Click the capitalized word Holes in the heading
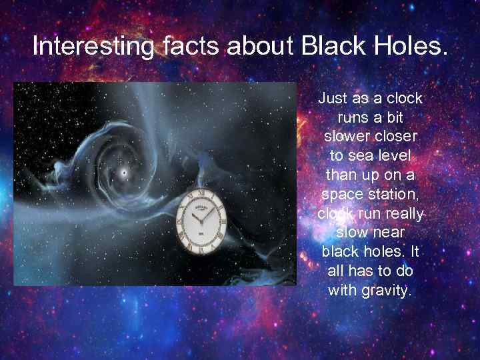click(408, 47)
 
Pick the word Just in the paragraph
click(333, 99)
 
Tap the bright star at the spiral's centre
click(123, 173)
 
